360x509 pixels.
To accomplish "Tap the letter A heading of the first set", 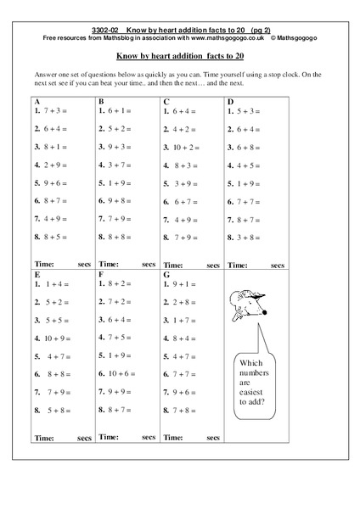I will tap(37, 101).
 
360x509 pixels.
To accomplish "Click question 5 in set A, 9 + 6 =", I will tap(53, 182).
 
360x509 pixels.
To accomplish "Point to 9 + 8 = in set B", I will tap(118, 200).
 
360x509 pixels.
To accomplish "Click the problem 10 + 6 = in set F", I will tap(119, 373).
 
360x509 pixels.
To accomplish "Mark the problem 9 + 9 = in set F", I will tap(118, 391).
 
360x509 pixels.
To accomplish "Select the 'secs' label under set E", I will tap(84, 438).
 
